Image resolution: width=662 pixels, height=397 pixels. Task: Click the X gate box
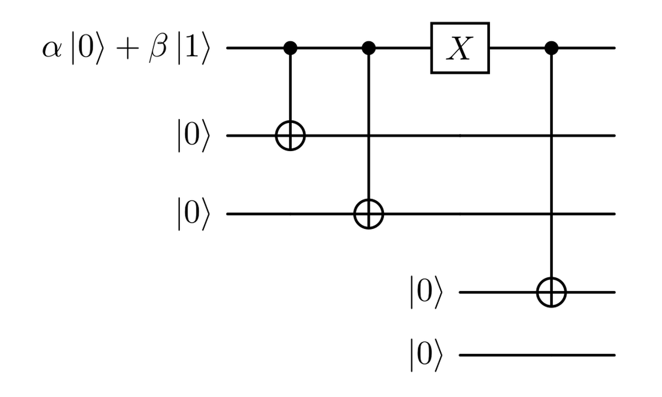tap(460, 49)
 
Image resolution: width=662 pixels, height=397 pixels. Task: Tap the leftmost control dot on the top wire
tap(290, 49)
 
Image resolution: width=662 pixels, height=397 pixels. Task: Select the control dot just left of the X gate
tap(369, 49)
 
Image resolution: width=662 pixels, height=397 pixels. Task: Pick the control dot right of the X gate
tap(551, 49)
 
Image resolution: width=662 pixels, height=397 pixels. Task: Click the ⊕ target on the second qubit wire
tap(290, 135)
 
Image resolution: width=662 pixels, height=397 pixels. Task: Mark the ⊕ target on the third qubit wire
tap(369, 213)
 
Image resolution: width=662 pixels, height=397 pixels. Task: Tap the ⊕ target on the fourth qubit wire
tap(551, 292)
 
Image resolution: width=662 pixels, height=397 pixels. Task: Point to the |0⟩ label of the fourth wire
tap(425, 292)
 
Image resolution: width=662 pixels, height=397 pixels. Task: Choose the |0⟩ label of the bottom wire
tap(425, 355)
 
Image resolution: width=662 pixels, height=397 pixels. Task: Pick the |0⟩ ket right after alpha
tap(85, 49)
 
